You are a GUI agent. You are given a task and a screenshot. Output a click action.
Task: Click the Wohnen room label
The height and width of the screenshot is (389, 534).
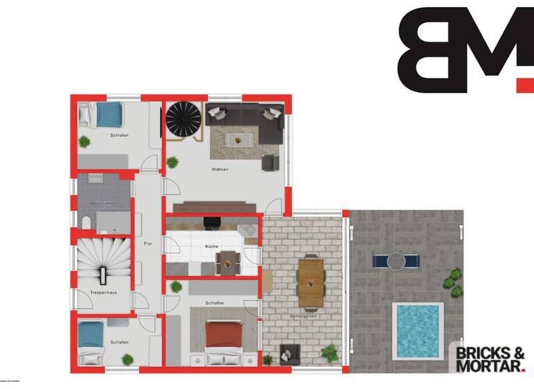220,169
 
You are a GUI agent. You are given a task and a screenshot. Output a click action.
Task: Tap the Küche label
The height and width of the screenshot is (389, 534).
212,247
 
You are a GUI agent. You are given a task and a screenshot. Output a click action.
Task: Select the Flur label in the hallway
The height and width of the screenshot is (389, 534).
147,244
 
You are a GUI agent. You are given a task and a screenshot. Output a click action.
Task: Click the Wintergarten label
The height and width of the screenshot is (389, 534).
304,317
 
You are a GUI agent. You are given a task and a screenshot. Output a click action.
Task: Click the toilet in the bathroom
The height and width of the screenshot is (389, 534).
85,221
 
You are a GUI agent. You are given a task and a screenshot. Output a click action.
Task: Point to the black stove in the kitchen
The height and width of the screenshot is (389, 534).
211,223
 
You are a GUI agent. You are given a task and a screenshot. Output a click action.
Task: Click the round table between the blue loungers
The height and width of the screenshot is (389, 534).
396,260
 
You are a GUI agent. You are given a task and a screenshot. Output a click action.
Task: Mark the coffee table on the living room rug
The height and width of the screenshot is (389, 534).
238,139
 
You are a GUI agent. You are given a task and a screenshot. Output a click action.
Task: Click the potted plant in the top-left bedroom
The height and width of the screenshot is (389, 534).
84,142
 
